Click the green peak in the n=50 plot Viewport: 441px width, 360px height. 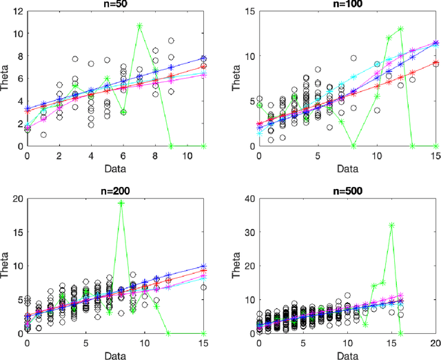point(139,26)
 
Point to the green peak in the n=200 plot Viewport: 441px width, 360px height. point(121,203)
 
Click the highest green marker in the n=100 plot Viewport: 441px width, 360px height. point(400,29)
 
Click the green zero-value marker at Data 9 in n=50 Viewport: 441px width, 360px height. point(171,146)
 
